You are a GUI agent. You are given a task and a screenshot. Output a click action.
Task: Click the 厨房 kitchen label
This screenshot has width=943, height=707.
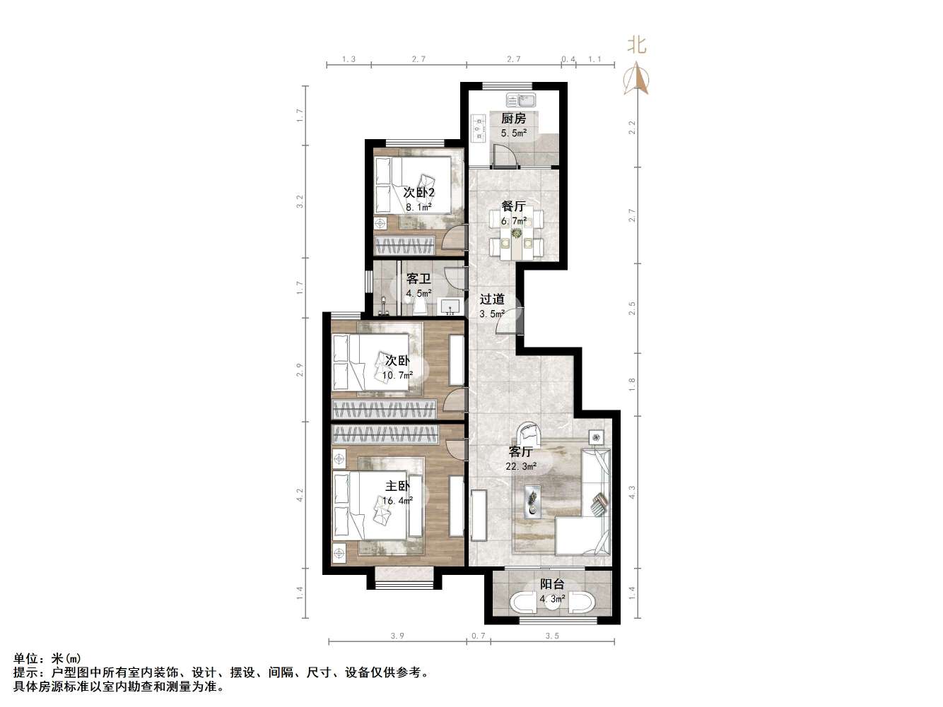pos(513,119)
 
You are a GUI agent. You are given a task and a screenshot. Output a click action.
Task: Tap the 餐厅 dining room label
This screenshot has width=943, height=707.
pos(513,206)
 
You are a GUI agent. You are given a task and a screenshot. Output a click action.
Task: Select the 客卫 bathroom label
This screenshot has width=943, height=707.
pos(418,279)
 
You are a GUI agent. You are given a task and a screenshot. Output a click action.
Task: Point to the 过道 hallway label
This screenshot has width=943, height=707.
pos(492,299)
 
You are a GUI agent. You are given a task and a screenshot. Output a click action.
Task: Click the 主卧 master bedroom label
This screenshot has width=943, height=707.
pos(397,486)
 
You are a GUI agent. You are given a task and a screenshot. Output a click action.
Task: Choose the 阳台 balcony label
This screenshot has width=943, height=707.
pos(552,584)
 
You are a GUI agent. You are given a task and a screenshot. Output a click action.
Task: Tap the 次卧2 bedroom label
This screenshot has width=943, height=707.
pos(418,193)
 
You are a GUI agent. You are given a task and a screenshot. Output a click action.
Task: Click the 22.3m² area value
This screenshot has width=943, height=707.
pos(521,467)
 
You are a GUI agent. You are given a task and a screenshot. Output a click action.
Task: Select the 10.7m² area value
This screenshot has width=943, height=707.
pos(397,376)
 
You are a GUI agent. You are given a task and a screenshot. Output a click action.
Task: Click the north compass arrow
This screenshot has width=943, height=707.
pos(637,78)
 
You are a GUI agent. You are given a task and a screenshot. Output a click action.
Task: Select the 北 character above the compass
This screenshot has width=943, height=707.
pos(637,45)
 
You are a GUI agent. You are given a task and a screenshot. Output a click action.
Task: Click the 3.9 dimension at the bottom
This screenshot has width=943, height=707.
pos(397,636)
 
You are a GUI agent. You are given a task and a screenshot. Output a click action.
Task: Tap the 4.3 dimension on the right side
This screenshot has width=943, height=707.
pos(633,492)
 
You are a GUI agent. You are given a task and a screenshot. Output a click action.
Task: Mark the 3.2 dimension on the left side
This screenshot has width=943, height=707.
pos(300,202)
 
